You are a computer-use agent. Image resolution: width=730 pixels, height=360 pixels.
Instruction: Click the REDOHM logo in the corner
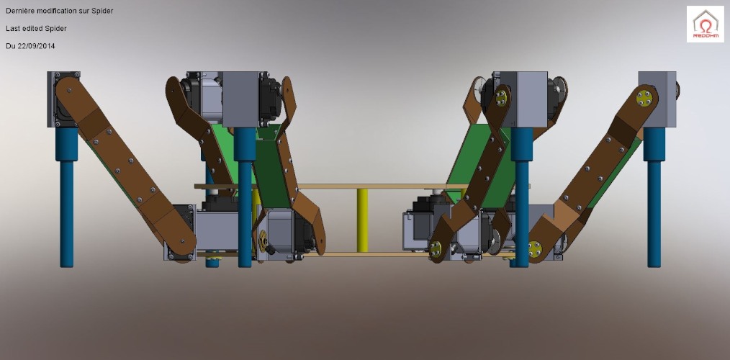pyautogui.click(x=705, y=24)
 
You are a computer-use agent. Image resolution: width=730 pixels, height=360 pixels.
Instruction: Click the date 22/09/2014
pyautogui.click(x=36, y=46)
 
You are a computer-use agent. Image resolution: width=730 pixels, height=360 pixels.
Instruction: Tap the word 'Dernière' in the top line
pyautogui.click(x=19, y=11)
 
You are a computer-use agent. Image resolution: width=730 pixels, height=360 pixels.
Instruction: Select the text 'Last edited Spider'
pyautogui.click(x=36, y=28)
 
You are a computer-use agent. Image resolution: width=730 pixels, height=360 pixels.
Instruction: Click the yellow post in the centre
pyautogui.click(x=362, y=220)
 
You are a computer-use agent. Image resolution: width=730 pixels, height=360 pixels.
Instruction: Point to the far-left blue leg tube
pyautogui.click(x=66, y=197)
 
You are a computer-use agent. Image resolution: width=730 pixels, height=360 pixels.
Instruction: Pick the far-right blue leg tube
pyautogui.click(x=654, y=197)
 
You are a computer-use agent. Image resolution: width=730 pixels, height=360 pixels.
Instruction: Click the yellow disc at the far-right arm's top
pyautogui.click(x=644, y=98)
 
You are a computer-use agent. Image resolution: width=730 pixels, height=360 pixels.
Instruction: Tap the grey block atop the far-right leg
pyautogui.click(x=657, y=99)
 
